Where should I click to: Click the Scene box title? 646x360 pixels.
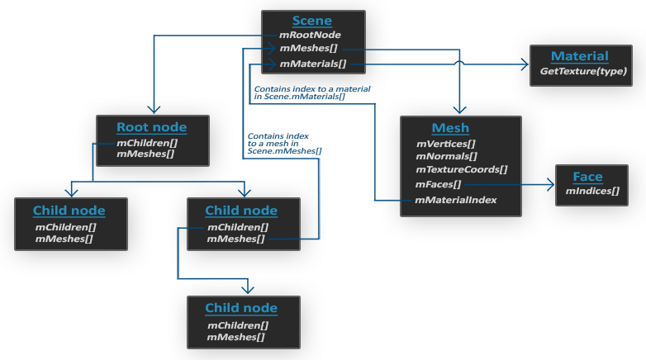pos(312,21)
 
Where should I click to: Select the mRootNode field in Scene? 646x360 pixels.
pos(310,35)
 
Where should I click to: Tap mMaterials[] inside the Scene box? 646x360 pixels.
pos(313,64)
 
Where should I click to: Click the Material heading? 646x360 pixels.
pos(580,56)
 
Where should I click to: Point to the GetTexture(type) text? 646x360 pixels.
pos(583,71)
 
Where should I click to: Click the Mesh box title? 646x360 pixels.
pos(450,128)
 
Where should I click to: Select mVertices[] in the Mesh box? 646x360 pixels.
pos(446,144)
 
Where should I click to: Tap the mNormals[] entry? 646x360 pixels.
pos(447,157)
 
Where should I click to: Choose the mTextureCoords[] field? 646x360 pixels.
pos(462,169)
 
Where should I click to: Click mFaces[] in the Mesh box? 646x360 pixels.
pos(438,184)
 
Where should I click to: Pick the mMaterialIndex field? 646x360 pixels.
pos(455,200)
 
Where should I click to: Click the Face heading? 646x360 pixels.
pos(587,177)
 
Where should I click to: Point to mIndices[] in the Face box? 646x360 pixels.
pos(592,191)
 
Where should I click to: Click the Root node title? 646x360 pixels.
pos(152,127)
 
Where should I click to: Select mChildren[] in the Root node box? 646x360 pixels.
pos(147,143)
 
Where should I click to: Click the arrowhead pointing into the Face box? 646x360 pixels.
pos(551,184)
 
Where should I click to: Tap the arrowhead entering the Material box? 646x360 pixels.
pos(525,64)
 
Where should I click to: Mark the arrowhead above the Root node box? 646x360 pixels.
pos(154,109)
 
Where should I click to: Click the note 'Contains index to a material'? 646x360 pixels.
pos(312,89)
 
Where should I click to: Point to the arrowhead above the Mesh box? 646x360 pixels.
pos(459,109)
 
